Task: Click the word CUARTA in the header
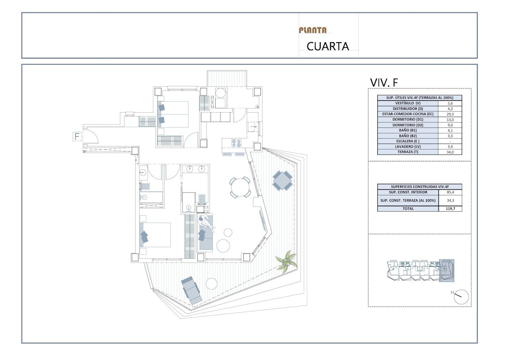point(328,47)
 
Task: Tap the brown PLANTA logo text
point(313,30)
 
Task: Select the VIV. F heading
point(384,82)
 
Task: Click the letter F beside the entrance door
point(77,136)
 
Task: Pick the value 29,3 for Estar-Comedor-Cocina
point(450,114)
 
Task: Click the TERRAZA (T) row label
point(408,152)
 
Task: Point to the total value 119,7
point(450,208)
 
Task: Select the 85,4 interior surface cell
point(450,192)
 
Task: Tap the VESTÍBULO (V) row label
point(408,103)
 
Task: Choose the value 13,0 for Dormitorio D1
point(450,120)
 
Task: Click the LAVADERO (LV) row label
point(408,147)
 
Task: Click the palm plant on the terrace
point(286,263)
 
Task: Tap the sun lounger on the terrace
point(192,291)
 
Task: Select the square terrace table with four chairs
point(282,181)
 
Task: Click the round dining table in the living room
point(240,187)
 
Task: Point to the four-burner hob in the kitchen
point(236,143)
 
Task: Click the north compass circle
point(461,297)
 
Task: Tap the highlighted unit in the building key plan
point(446,270)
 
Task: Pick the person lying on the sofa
point(206,223)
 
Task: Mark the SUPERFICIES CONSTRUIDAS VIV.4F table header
point(420,187)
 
